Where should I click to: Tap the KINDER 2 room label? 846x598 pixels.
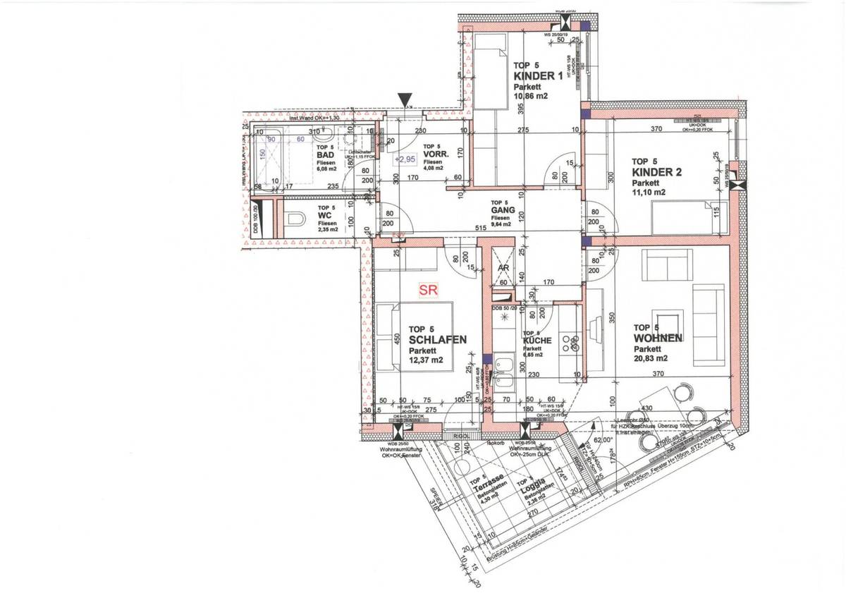pos(656,171)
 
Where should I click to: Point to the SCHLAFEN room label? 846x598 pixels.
pos(437,339)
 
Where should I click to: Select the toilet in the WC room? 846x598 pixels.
pos(295,219)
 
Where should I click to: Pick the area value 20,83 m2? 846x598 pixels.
pos(651,358)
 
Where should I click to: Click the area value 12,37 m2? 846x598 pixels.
pos(427,360)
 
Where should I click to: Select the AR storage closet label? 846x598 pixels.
pos(503,268)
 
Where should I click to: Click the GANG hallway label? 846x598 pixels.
pos(501,210)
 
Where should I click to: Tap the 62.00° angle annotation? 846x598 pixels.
pos(603,439)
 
